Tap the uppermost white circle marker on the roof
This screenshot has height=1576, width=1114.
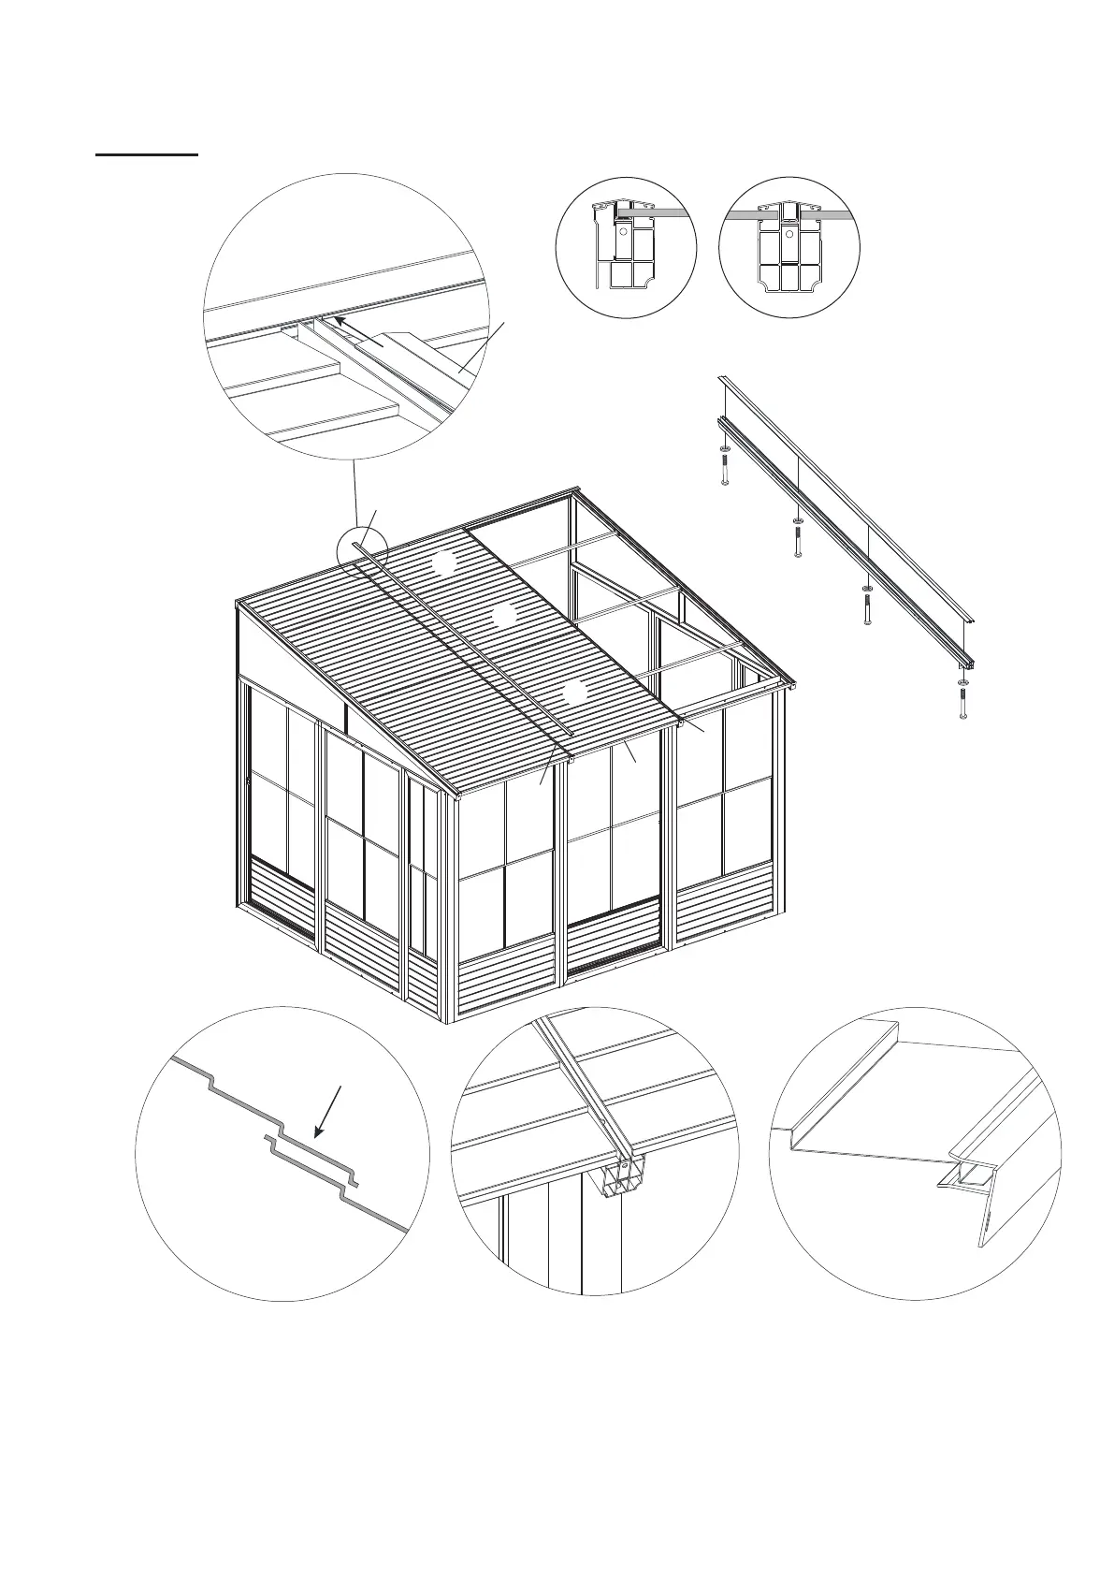[x=443, y=564]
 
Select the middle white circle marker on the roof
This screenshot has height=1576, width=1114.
[x=504, y=616]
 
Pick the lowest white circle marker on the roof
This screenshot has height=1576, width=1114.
[x=574, y=693]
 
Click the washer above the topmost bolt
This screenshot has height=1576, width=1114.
[x=725, y=449]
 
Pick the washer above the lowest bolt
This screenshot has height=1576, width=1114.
[x=963, y=684]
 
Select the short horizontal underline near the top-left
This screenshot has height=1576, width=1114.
[x=147, y=153]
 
